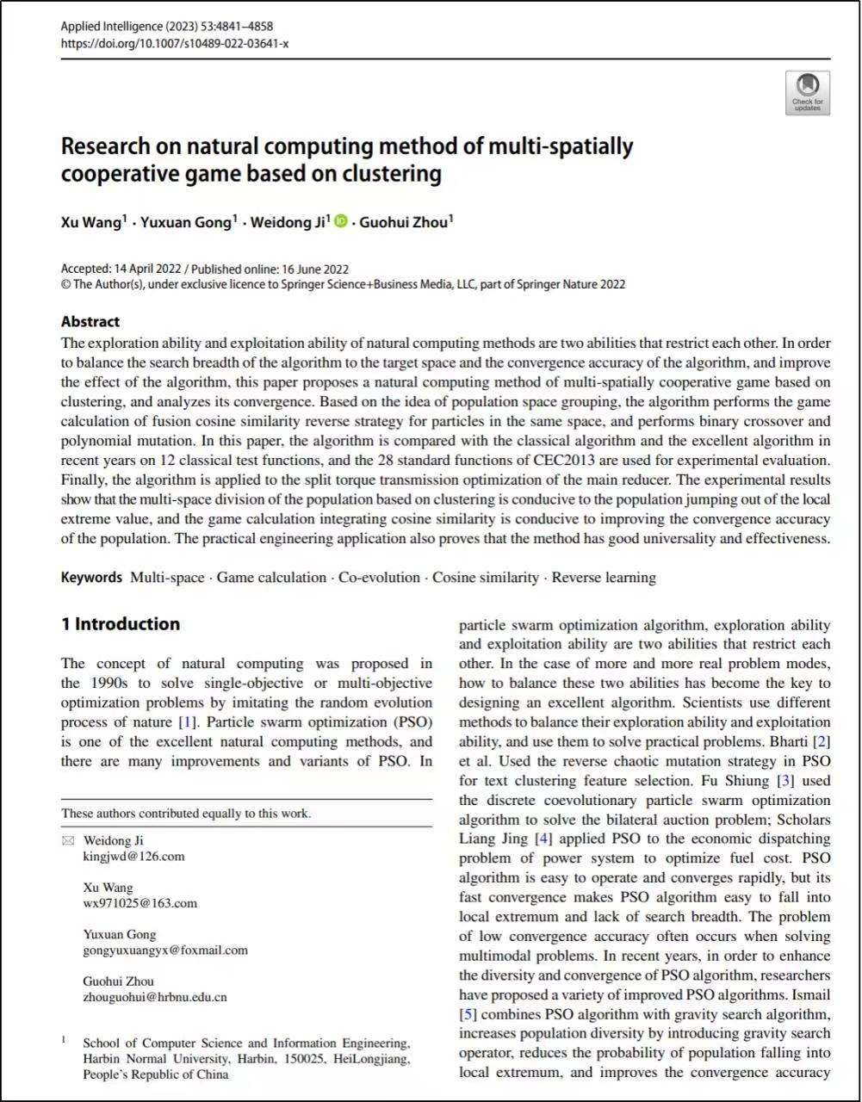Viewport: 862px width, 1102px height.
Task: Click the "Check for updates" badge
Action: (x=807, y=93)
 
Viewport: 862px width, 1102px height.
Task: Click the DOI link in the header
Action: (x=175, y=43)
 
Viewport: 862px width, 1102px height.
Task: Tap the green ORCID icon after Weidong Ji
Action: (x=340, y=222)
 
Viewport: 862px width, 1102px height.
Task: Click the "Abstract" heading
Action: (x=90, y=322)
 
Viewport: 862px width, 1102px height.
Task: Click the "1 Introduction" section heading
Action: (x=121, y=624)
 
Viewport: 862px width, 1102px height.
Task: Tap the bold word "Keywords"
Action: (x=91, y=578)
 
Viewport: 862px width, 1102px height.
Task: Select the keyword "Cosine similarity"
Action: (x=485, y=578)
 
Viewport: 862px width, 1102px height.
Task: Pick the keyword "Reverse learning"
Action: (x=604, y=578)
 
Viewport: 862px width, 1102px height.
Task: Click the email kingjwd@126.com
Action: (x=133, y=857)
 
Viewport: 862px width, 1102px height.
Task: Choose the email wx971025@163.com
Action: (x=140, y=903)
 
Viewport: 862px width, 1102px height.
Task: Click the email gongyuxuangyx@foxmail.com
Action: (x=165, y=950)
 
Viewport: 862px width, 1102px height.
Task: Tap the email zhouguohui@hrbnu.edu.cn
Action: (x=155, y=997)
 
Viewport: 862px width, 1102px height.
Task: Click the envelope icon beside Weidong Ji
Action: (x=69, y=840)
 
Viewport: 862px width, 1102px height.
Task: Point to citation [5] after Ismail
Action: (x=468, y=1014)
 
